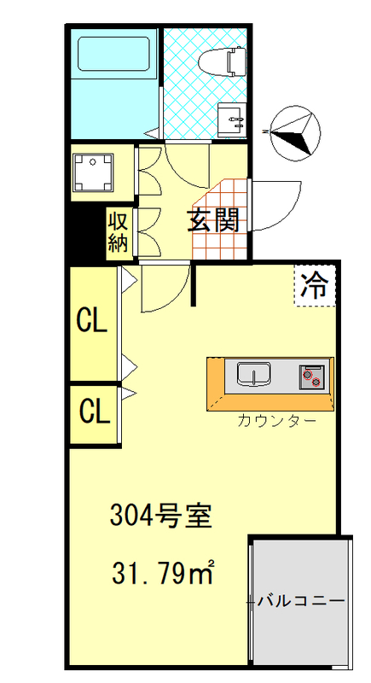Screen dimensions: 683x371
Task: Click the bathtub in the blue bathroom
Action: (x=114, y=55)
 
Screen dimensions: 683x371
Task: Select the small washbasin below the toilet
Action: (x=231, y=119)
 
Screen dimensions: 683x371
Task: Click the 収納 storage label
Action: (x=119, y=232)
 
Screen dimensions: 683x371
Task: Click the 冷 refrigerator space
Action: (x=315, y=284)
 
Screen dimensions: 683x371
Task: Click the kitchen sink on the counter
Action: (x=253, y=374)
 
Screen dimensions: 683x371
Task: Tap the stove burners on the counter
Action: (x=311, y=375)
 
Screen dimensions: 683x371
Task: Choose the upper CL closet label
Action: (x=92, y=322)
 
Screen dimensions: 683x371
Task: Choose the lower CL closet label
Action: (x=94, y=412)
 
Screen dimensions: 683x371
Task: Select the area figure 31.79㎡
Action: (x=162, y=573)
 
